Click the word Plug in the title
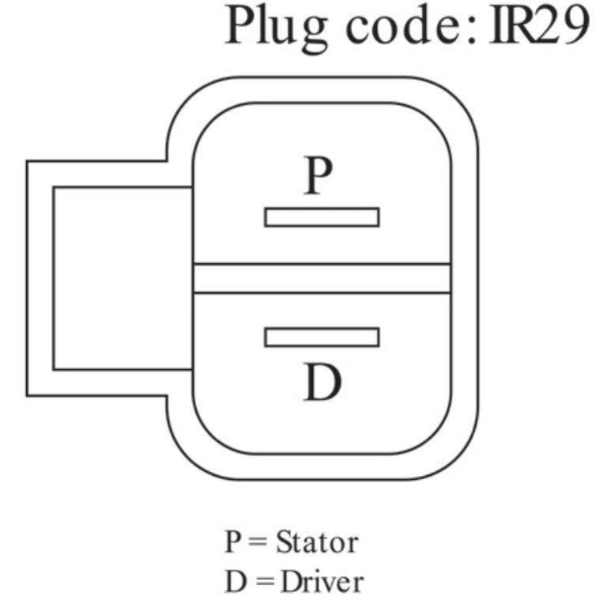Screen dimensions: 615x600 [x=276, y=28]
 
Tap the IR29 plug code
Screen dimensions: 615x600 [x=539, y=25]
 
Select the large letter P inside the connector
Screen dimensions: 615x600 [x=319, y=175]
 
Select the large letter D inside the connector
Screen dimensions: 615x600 [x=323, y=382]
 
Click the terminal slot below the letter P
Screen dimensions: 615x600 [x=322, y=217]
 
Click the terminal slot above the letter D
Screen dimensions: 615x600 [x=322, y=338]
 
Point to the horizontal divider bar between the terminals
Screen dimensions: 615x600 [x=322, y=278]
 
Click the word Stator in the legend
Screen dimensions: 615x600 [x=317, y=542]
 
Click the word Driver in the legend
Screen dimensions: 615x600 [x=322, y=582]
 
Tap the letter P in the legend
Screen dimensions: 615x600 [x=232, y=542]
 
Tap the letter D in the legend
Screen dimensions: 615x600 [x=236, y=582]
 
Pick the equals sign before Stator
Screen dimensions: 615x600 [x=258, y=542]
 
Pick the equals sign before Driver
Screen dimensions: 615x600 [x=265, y=582]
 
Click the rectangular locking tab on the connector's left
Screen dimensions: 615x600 [x=110, y=278]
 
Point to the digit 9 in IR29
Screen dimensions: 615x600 [x=572, y=25]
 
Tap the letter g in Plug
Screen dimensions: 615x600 [x=311, y=36]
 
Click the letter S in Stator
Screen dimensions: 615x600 [x=284, y=542]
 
